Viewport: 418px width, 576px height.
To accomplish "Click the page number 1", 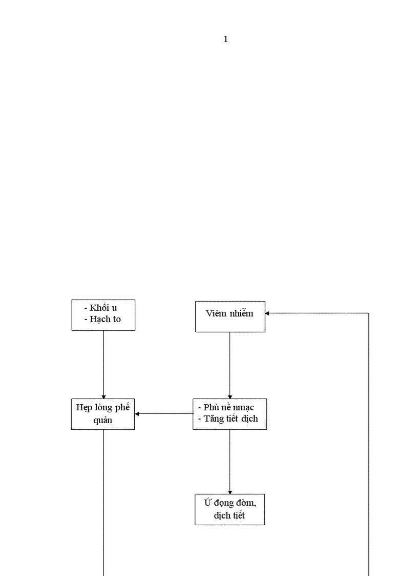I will pyautogui.click(x=225, y=39).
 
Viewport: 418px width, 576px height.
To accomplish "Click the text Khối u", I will pyautogui.click(x=103, y=308).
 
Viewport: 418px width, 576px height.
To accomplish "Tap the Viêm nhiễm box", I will pyautogui.click(x=230, y=316).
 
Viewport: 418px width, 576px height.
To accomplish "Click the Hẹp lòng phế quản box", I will pyautogui.click(x=103, y=414).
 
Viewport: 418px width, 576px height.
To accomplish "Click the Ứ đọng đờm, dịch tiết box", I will pyautogui.click(x=229, y=509).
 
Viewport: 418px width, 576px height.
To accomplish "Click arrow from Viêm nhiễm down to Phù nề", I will pyautogui.click(x=229, y=364).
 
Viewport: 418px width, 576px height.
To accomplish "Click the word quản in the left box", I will pyautogui.click(x=103, y=420).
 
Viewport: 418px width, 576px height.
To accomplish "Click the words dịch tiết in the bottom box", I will pyautogui.click(x=229, y=515).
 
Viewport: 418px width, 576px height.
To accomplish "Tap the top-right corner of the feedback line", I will pyautogui.click(x=369, y=313).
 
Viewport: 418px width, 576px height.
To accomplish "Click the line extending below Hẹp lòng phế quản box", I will pyautogui.click(x=103, y=503).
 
